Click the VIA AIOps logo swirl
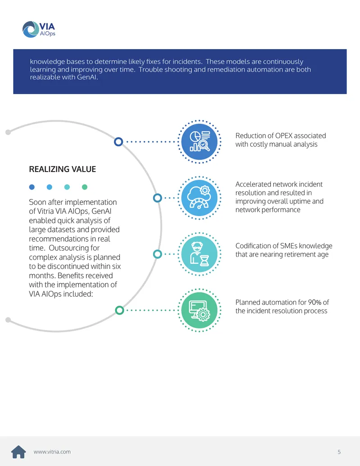[31, 29]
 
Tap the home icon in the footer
[18, 452]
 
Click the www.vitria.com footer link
[52, 452]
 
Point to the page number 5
[339, 452]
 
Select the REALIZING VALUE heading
[63, 169]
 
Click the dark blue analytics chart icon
[199, 141]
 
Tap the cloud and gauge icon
[199, 198]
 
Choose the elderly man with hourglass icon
[199, 254]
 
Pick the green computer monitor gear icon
[199, 310]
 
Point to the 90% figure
[315, 302]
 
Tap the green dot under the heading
[85, 187]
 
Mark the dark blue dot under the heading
[32, 187]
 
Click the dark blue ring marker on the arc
[118, 142]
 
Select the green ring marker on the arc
[119, 310]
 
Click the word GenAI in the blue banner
[87, 77]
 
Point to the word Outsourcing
[74, 248]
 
